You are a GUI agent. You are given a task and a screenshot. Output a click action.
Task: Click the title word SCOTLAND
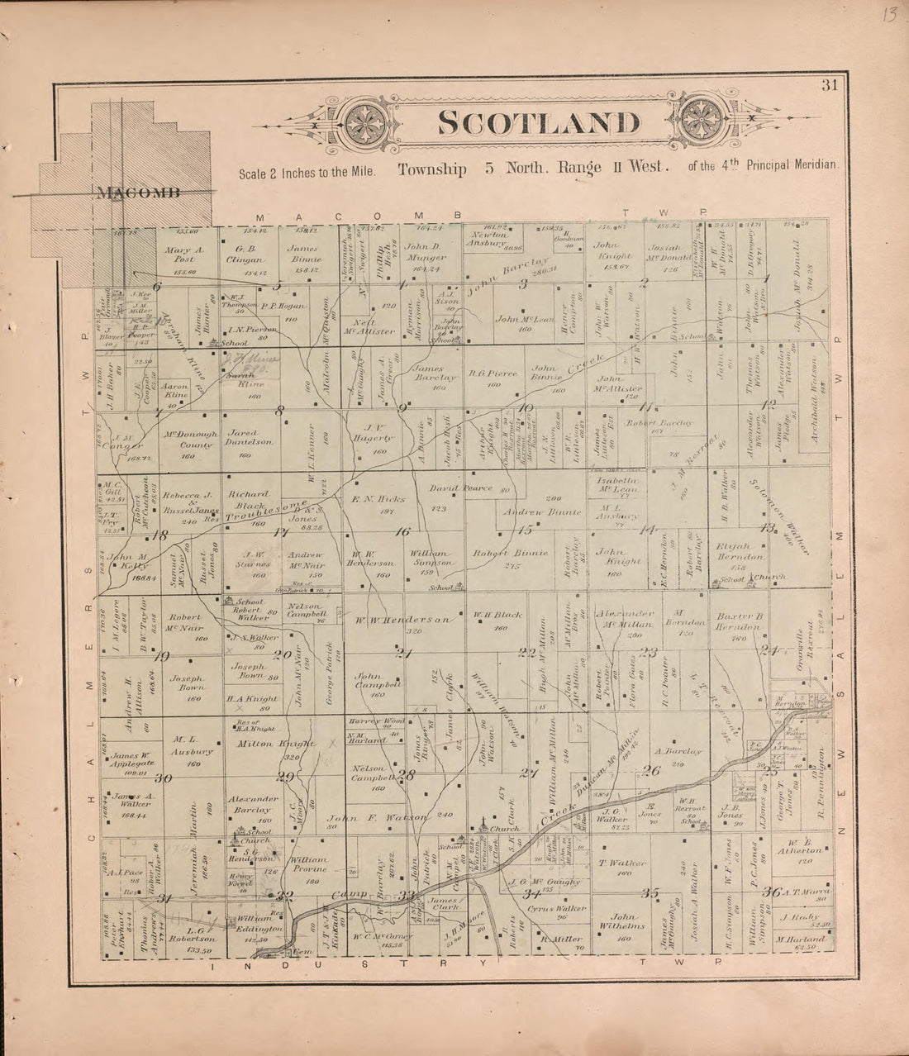point(539,122)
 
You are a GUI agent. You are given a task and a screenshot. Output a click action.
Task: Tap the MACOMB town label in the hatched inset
point(138,194)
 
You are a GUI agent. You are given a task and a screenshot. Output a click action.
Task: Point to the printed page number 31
point(830,83)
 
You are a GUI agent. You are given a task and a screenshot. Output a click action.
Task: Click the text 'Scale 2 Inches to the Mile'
point(306,174)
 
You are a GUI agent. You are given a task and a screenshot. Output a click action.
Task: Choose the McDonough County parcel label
point(191,439)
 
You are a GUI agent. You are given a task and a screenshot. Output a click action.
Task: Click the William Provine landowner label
point(309,864)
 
